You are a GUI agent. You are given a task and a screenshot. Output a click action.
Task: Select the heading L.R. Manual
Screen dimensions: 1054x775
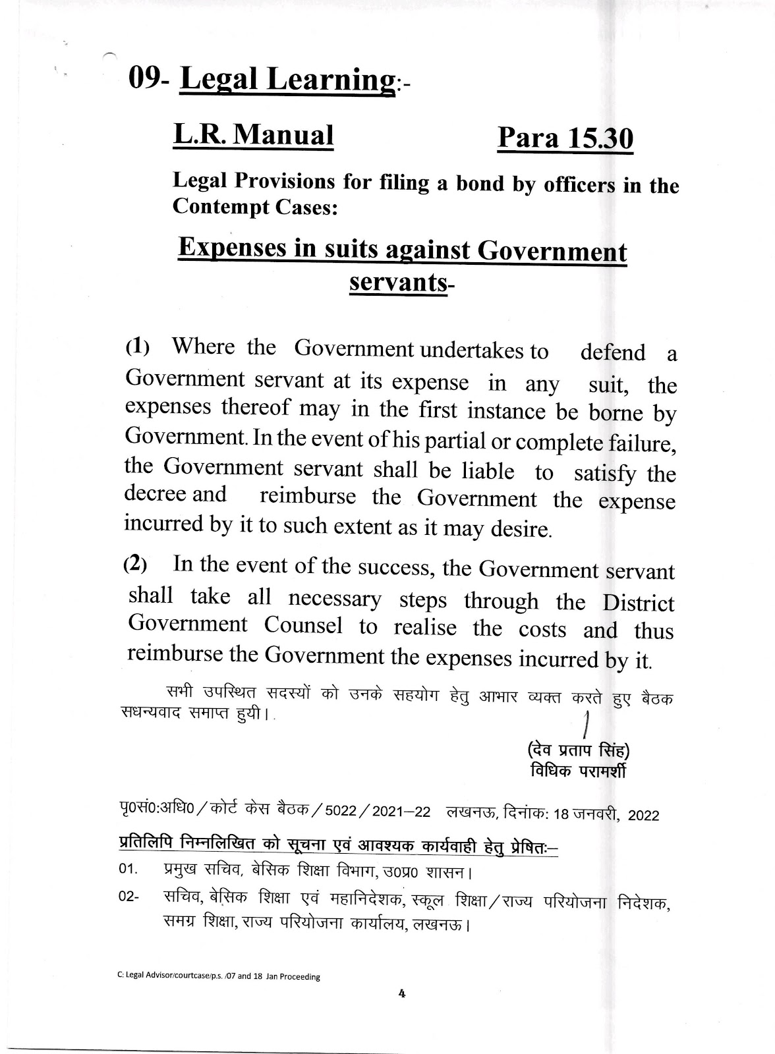click(x=254, y=135)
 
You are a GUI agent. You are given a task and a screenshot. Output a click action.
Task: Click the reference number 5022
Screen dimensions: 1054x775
click(x=335, y=812)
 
